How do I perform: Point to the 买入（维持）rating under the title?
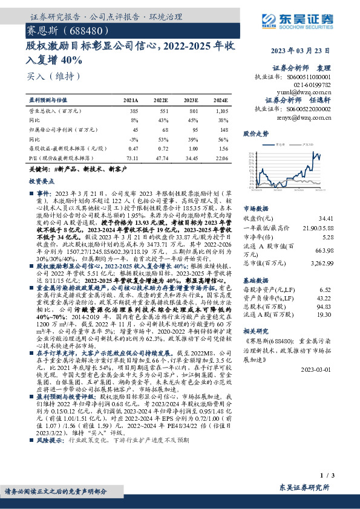pos(47,77)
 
